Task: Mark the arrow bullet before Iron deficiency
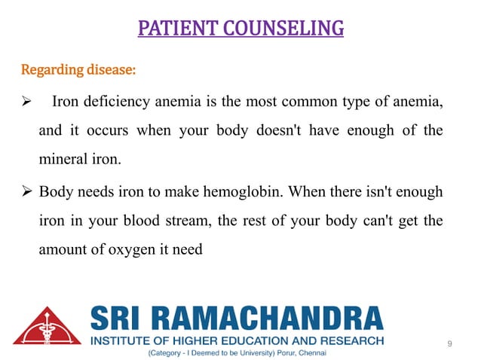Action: [26, 103]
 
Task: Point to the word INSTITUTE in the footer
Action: [121, 340]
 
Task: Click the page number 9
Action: [449, 343]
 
